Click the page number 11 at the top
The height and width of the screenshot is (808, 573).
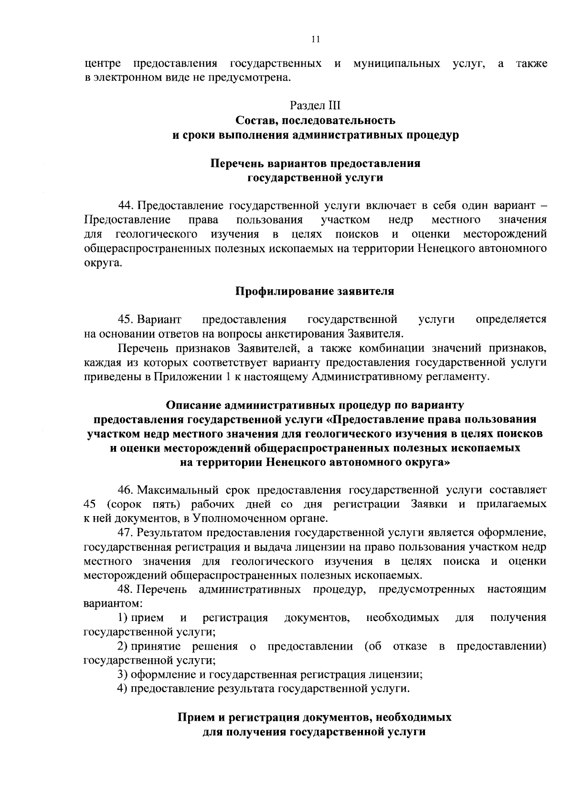tap(315, 40)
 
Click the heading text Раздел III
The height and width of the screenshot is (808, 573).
tap(315, 104)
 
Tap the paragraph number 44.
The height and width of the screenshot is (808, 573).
tap(125, 206)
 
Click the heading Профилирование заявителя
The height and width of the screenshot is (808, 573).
tap(315, 291)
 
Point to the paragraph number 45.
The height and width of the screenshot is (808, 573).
tap(125, 319)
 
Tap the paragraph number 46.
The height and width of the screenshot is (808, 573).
tap(125, 490)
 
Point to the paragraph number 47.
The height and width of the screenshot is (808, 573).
tap(125, 532)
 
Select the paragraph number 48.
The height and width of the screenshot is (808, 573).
tap(125, 590)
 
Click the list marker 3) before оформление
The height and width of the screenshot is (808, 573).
tap(123, 674)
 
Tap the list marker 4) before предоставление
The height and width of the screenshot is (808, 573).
tap(123, 688)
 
